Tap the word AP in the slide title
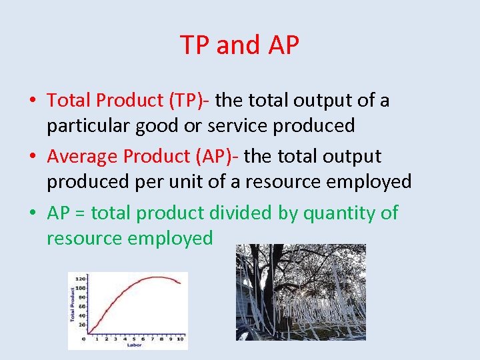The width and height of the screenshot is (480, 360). pos(283,45)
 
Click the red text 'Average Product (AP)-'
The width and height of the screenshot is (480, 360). pos(143,157)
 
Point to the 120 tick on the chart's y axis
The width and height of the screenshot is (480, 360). pos(81,278)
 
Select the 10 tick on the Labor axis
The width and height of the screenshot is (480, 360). pos(179,339)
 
